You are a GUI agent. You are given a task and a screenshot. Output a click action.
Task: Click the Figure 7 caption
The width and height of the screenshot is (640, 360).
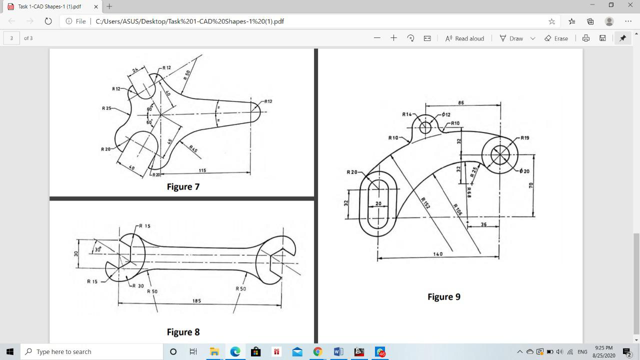pyautogui.click(x=183, y=186)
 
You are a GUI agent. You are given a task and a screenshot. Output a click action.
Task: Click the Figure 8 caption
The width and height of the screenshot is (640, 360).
pyautogui.click(x=183, y=332)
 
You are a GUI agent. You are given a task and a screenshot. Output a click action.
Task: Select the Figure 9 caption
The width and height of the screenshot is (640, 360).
pyautogui.click(x=443, y=296)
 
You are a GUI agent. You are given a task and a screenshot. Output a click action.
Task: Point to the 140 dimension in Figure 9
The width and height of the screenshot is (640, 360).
pyautogui.click(x=437, y=254)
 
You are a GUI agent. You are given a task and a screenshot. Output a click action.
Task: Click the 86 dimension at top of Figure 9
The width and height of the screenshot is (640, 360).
pyautogui.click(x=460, y=102)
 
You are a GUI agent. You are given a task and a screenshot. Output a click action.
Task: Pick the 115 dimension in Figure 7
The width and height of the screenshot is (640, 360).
pyautogui.click(x=202, y=170)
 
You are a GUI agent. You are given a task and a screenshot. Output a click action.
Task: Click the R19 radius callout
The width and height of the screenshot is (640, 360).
pyautogui.click(x=524, y=137)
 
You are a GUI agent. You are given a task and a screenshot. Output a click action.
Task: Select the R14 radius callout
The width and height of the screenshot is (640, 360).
pyautogui.click(x=406, y=114)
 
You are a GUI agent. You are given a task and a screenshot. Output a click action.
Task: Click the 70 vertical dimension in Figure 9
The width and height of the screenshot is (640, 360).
pyautogui.click(x=531, y=185)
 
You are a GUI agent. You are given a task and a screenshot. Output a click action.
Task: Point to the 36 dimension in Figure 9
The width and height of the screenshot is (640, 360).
pyautogui.click(x=483, y=224)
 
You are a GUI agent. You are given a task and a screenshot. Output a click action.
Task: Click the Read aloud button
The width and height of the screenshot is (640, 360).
pyautogui.click(x=464, y=38)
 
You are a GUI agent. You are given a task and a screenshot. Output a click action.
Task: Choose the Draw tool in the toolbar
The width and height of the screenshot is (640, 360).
pyautogui.click(x=511, y=38)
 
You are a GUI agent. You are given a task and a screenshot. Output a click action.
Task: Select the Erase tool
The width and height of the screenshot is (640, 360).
pyautogui.click(x=556, y=38)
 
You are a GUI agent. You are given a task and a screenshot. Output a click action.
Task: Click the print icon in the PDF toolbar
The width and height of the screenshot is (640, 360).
pyautogui.click(x=585, y=38)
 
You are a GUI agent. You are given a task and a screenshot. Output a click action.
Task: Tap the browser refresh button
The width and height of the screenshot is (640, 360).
pyautogui.click(x=48, y=21)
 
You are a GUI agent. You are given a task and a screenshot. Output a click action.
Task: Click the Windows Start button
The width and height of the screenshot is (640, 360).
pyautogui.click(x=9, y=351)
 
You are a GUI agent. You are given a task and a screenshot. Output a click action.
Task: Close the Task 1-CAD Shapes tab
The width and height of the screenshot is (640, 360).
pyautogui.click(x=96, y=6)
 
